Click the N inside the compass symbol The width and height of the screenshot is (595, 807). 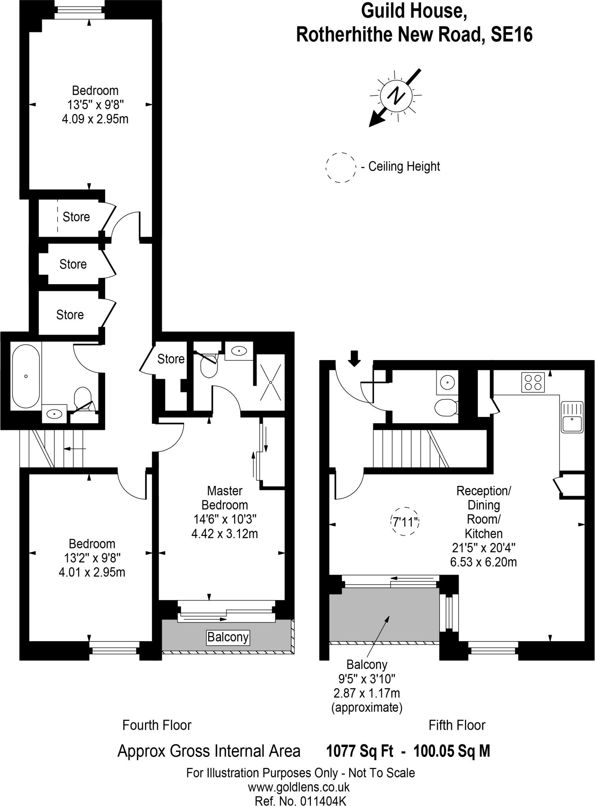396,96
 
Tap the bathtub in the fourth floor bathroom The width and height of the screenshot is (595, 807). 26,376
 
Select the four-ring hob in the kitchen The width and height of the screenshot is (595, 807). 533,382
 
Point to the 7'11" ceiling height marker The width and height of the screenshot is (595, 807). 405,522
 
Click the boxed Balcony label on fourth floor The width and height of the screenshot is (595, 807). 228,637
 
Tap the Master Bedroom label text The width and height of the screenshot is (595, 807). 225,498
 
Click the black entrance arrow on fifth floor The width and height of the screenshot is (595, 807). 354,358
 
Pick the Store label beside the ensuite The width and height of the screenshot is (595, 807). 171,359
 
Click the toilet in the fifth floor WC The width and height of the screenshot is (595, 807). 446,407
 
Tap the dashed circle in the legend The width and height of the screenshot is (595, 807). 340,167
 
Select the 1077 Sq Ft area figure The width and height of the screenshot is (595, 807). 359,751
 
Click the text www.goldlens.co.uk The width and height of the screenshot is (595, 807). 298,787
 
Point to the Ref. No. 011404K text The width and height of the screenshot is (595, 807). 300,801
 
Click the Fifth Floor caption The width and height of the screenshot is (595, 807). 457,725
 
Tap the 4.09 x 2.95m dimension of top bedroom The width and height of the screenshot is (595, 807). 95,119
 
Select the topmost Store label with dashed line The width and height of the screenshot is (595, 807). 76,217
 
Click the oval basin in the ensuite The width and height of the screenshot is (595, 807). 239,350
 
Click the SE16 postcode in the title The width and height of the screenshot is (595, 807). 511,35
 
